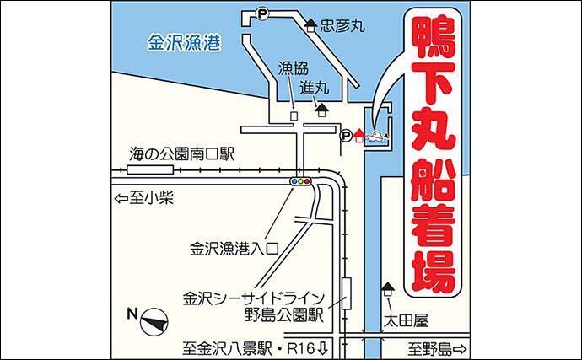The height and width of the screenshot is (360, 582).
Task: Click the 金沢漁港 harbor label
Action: pyautogui.click(x=185, y=43)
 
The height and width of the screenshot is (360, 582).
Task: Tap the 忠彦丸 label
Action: pyautogui.click(x=342, y=25)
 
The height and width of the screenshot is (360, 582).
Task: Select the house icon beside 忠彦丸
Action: pyautogui.click(x=310, y=25)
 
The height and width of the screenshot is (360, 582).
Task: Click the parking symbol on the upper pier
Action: pyautogui.click(x=262, y=14)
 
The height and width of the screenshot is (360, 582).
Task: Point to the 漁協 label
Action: pyautogui.click(x=294, y=68)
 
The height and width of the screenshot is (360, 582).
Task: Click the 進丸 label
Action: pyautogui.click(x=314, y=88)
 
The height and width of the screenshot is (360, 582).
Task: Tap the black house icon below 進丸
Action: pyautogui.click(x=321, y=110)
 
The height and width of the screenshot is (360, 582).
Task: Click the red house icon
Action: pyautogui.click(x=359, y=136)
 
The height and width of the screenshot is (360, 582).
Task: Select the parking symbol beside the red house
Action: pyautogui.click(x=346, y=136)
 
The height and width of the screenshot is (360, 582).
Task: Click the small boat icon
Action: pyautogui.click(x=377, y=136)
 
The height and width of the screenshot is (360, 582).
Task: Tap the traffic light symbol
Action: pyautogui.click(x=300, y=181)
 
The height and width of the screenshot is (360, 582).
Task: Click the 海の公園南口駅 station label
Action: pyautogui.click(x=182, y=154)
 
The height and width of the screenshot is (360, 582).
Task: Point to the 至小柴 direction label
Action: pyautogui.click(x=144, y=199)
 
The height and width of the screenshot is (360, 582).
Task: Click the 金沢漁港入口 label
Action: pyautogui.click(x=234, y=248)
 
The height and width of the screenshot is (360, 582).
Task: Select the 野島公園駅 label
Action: pyautogui.click(x=284, y=315)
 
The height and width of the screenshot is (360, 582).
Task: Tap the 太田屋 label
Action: pyautogui.click(x=406, y=320)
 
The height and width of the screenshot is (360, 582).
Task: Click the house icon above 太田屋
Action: pyautogui.click(x=388, y=289)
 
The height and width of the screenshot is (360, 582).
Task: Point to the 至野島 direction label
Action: pyautogui.click(x=437, y=349)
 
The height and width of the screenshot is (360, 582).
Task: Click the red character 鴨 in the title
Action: pyautogui.click(x=433, y=38)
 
